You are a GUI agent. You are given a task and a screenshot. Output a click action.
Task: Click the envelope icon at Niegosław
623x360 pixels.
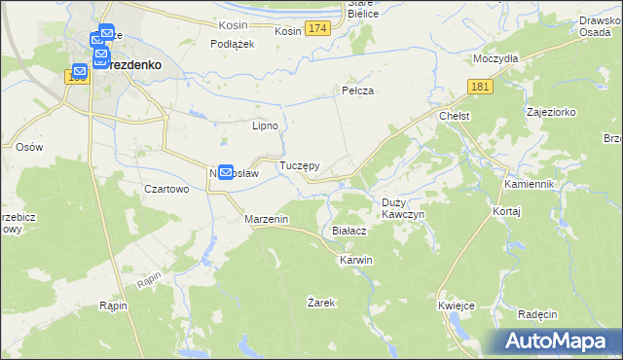(x=226, y=172)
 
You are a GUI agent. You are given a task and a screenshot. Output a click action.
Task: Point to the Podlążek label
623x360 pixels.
(x=233, y=44)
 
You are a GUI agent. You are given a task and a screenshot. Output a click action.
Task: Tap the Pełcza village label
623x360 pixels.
(x=358, y=90)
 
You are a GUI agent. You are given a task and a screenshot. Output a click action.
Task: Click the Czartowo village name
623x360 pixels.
(x=165, y=190)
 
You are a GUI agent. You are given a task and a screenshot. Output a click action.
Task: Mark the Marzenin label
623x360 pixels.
(x=266, y=220)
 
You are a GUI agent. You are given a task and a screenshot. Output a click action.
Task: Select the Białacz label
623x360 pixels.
(x=348, y=231)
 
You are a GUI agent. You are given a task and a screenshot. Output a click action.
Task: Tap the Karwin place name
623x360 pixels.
(x=355, y=261)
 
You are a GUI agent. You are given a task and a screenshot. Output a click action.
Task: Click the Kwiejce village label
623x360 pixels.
(x=456, y=306)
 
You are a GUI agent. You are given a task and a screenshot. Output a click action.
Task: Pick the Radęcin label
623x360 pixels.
(x=537, y=314)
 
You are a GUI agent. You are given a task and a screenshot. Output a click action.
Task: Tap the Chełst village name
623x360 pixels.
(x=455, y=116)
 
